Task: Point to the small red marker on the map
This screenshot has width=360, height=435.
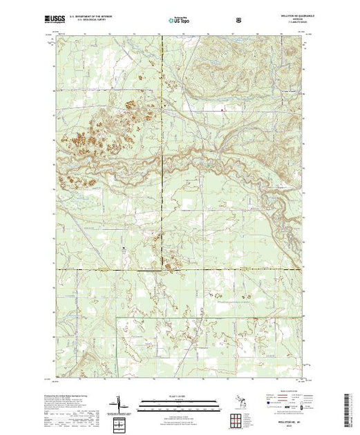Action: (222, 109)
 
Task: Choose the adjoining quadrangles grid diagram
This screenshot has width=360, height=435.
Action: (238, 418)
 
